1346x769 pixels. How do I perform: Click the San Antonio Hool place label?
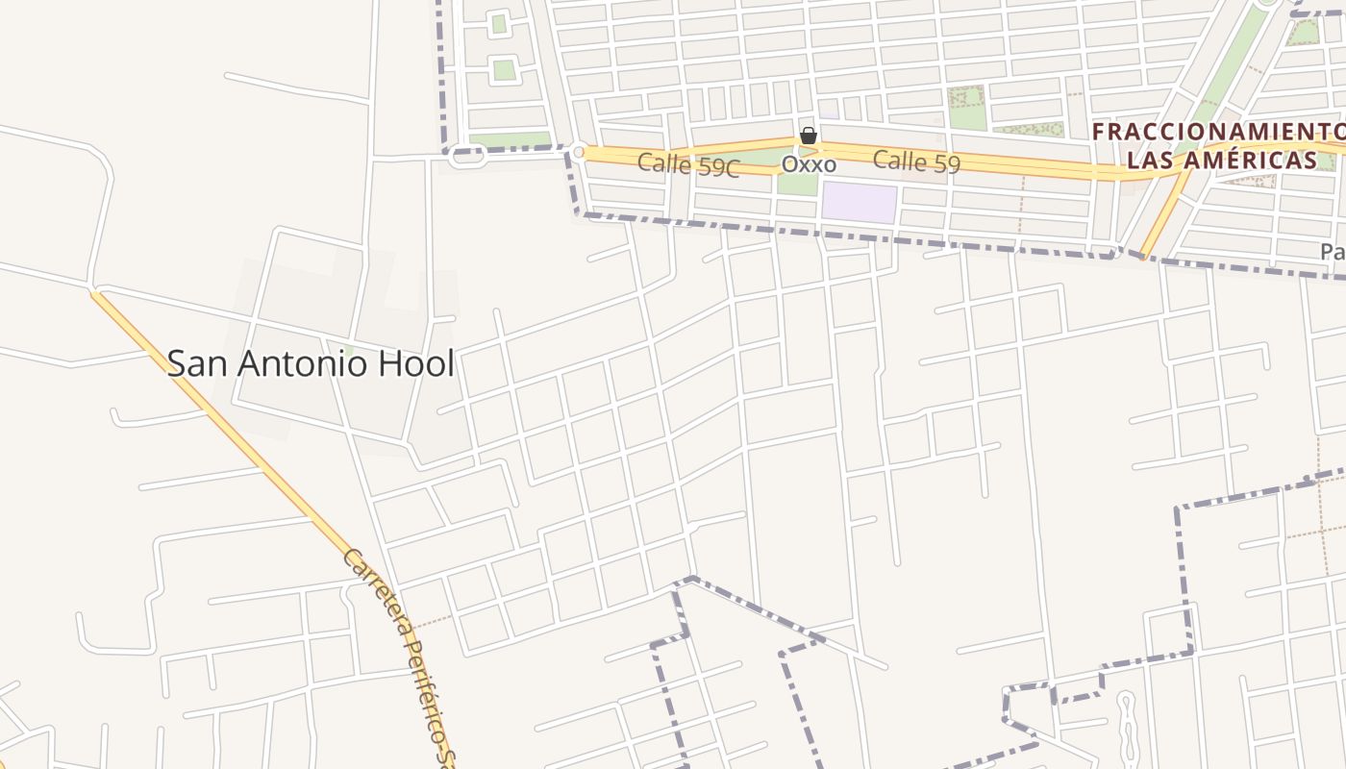(311, 363)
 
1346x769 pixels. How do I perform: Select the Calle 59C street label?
(687, 164)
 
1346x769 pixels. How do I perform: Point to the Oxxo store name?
(809, 164)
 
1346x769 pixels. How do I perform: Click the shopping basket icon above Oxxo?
(809, 136)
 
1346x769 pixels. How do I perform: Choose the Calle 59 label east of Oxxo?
(916, 161)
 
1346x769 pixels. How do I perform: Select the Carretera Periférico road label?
(398, 654)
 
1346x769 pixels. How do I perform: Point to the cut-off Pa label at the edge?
(1333, 252)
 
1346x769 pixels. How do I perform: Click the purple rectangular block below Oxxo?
(859, 203)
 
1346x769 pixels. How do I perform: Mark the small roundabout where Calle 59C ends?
(579, 151)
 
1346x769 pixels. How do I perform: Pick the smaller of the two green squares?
(498, 24)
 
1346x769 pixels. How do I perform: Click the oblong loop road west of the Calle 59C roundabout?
(467, 156)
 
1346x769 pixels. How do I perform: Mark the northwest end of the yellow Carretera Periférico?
(96, 293)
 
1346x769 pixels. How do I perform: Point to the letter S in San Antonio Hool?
(178, 363)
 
